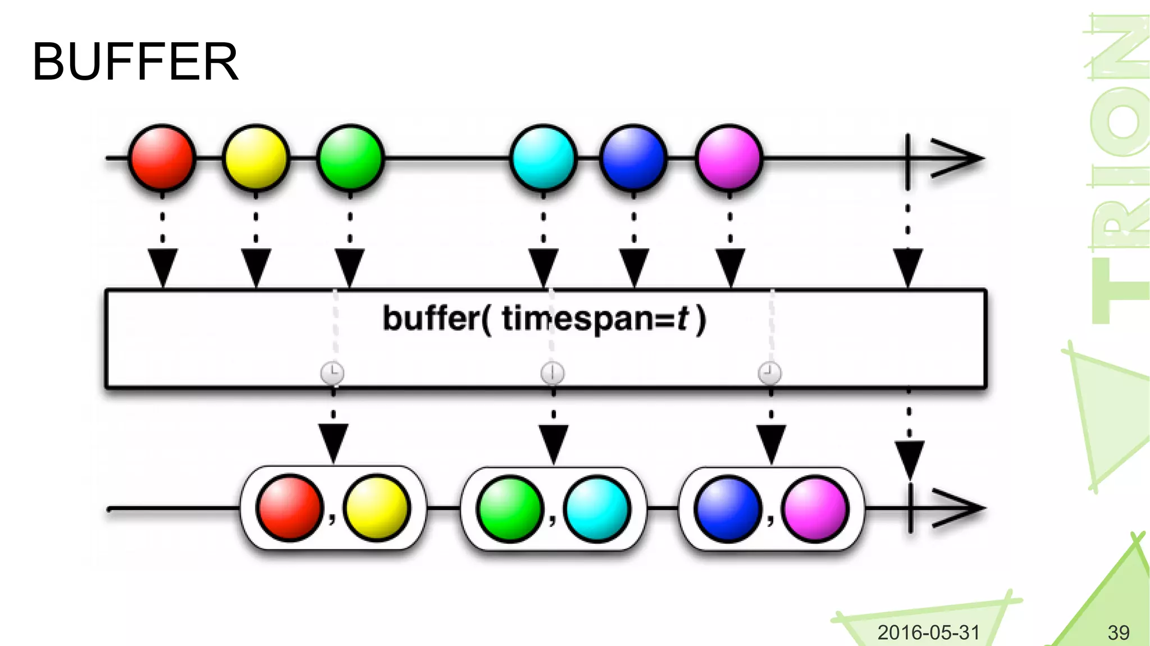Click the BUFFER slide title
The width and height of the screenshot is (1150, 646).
point(135,62)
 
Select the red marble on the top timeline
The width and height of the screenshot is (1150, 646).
point(162,158)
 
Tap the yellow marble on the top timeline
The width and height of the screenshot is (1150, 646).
point(256,158)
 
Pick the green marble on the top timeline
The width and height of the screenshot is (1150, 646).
point(350,158)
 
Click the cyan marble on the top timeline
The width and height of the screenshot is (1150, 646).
point(544,158)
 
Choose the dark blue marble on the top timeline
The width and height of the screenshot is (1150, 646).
point(633,158)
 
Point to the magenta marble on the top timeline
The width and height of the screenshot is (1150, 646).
point(729,158)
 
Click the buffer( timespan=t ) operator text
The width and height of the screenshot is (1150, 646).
point(544,319)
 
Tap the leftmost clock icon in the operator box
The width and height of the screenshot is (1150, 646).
point(332,373)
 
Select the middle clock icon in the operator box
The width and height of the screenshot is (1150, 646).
point(553,373)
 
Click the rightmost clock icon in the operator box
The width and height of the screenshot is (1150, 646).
point(769,373)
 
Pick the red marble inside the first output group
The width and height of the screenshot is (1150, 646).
point(290,508)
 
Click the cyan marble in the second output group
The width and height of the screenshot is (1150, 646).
point(597,508)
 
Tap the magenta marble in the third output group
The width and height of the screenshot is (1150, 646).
point(815,508)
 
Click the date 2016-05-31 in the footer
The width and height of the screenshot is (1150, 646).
point(928,633)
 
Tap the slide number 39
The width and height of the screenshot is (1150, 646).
point(1118,633)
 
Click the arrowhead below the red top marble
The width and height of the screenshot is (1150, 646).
point(162,267)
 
